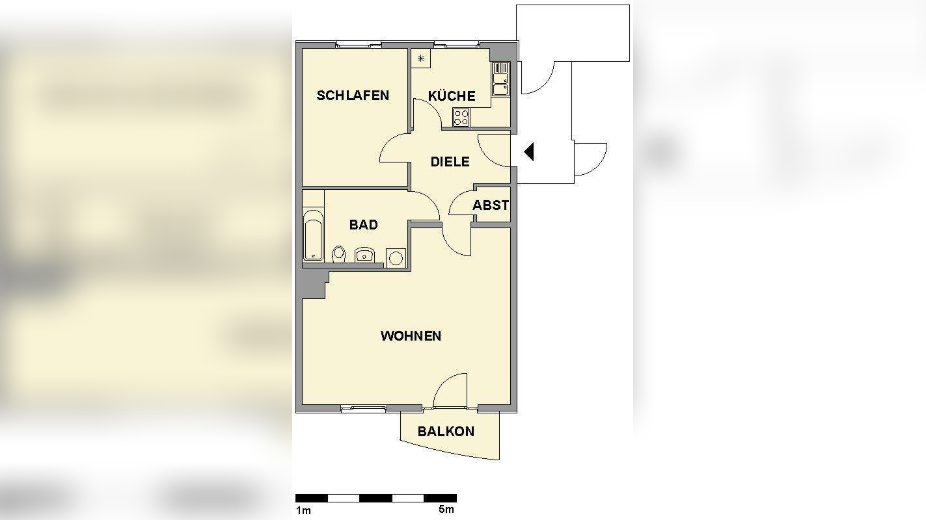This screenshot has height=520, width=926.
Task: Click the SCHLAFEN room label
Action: pos(353,96)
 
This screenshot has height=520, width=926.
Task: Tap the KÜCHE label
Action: pos(451,96)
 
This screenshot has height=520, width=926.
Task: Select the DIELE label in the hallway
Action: pos(450,162)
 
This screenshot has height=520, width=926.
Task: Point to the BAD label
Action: pos(363,225)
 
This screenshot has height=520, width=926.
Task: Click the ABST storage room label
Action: pos(491,205)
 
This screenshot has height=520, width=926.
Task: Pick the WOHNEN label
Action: pos(411,336)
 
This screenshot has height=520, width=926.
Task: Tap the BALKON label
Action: pos(446,432)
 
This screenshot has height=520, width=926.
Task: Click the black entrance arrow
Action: pos(529,151)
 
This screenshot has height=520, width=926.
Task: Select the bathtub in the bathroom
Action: pos(313,235)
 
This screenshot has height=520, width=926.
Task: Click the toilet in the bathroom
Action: pos(338,253)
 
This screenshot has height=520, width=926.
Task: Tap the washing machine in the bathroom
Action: pos(395,258)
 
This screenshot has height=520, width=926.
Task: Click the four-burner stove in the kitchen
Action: pos(461,118)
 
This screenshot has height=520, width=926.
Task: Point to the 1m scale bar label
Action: pos(303,510)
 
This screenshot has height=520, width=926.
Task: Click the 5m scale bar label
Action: pos(446,510)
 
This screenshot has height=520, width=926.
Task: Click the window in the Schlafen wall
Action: pos(359,44)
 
